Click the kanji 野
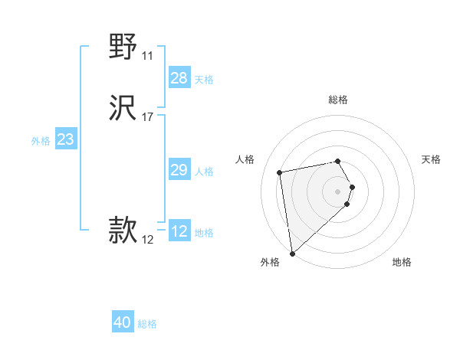point(123,47)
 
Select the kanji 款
point(123,230)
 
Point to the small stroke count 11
point(147,56)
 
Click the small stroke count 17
point(147,117)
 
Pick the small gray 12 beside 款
point(147,240)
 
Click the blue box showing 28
point(179,78)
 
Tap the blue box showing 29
point(179,170)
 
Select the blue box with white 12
point(179,231)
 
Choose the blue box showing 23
point(66,139)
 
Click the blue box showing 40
point(123,322)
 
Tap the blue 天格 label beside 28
point(204,80)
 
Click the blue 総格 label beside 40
point(147,324)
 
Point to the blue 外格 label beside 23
point(41,141)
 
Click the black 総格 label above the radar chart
point(338,100)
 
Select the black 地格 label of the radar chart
point(402,262)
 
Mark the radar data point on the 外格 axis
point(292,254)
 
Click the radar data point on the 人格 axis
point(280,172)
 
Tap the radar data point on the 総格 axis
point(338,161)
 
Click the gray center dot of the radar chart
point(338,190)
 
